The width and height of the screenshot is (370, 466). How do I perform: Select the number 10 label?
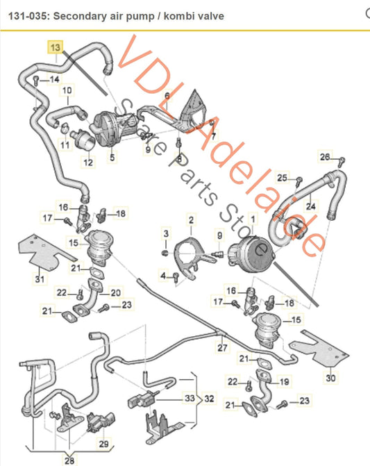coord(67,90)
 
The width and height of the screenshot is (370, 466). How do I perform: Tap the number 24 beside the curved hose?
coord(310,206)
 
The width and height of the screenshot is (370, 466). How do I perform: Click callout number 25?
coord(281,178)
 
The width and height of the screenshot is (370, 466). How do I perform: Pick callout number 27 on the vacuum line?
coord(221,347)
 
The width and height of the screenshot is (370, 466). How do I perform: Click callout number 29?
coord(103,442)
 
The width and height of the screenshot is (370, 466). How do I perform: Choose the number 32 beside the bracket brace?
coord(209,400)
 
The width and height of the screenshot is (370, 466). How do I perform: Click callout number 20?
coord(115,292)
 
